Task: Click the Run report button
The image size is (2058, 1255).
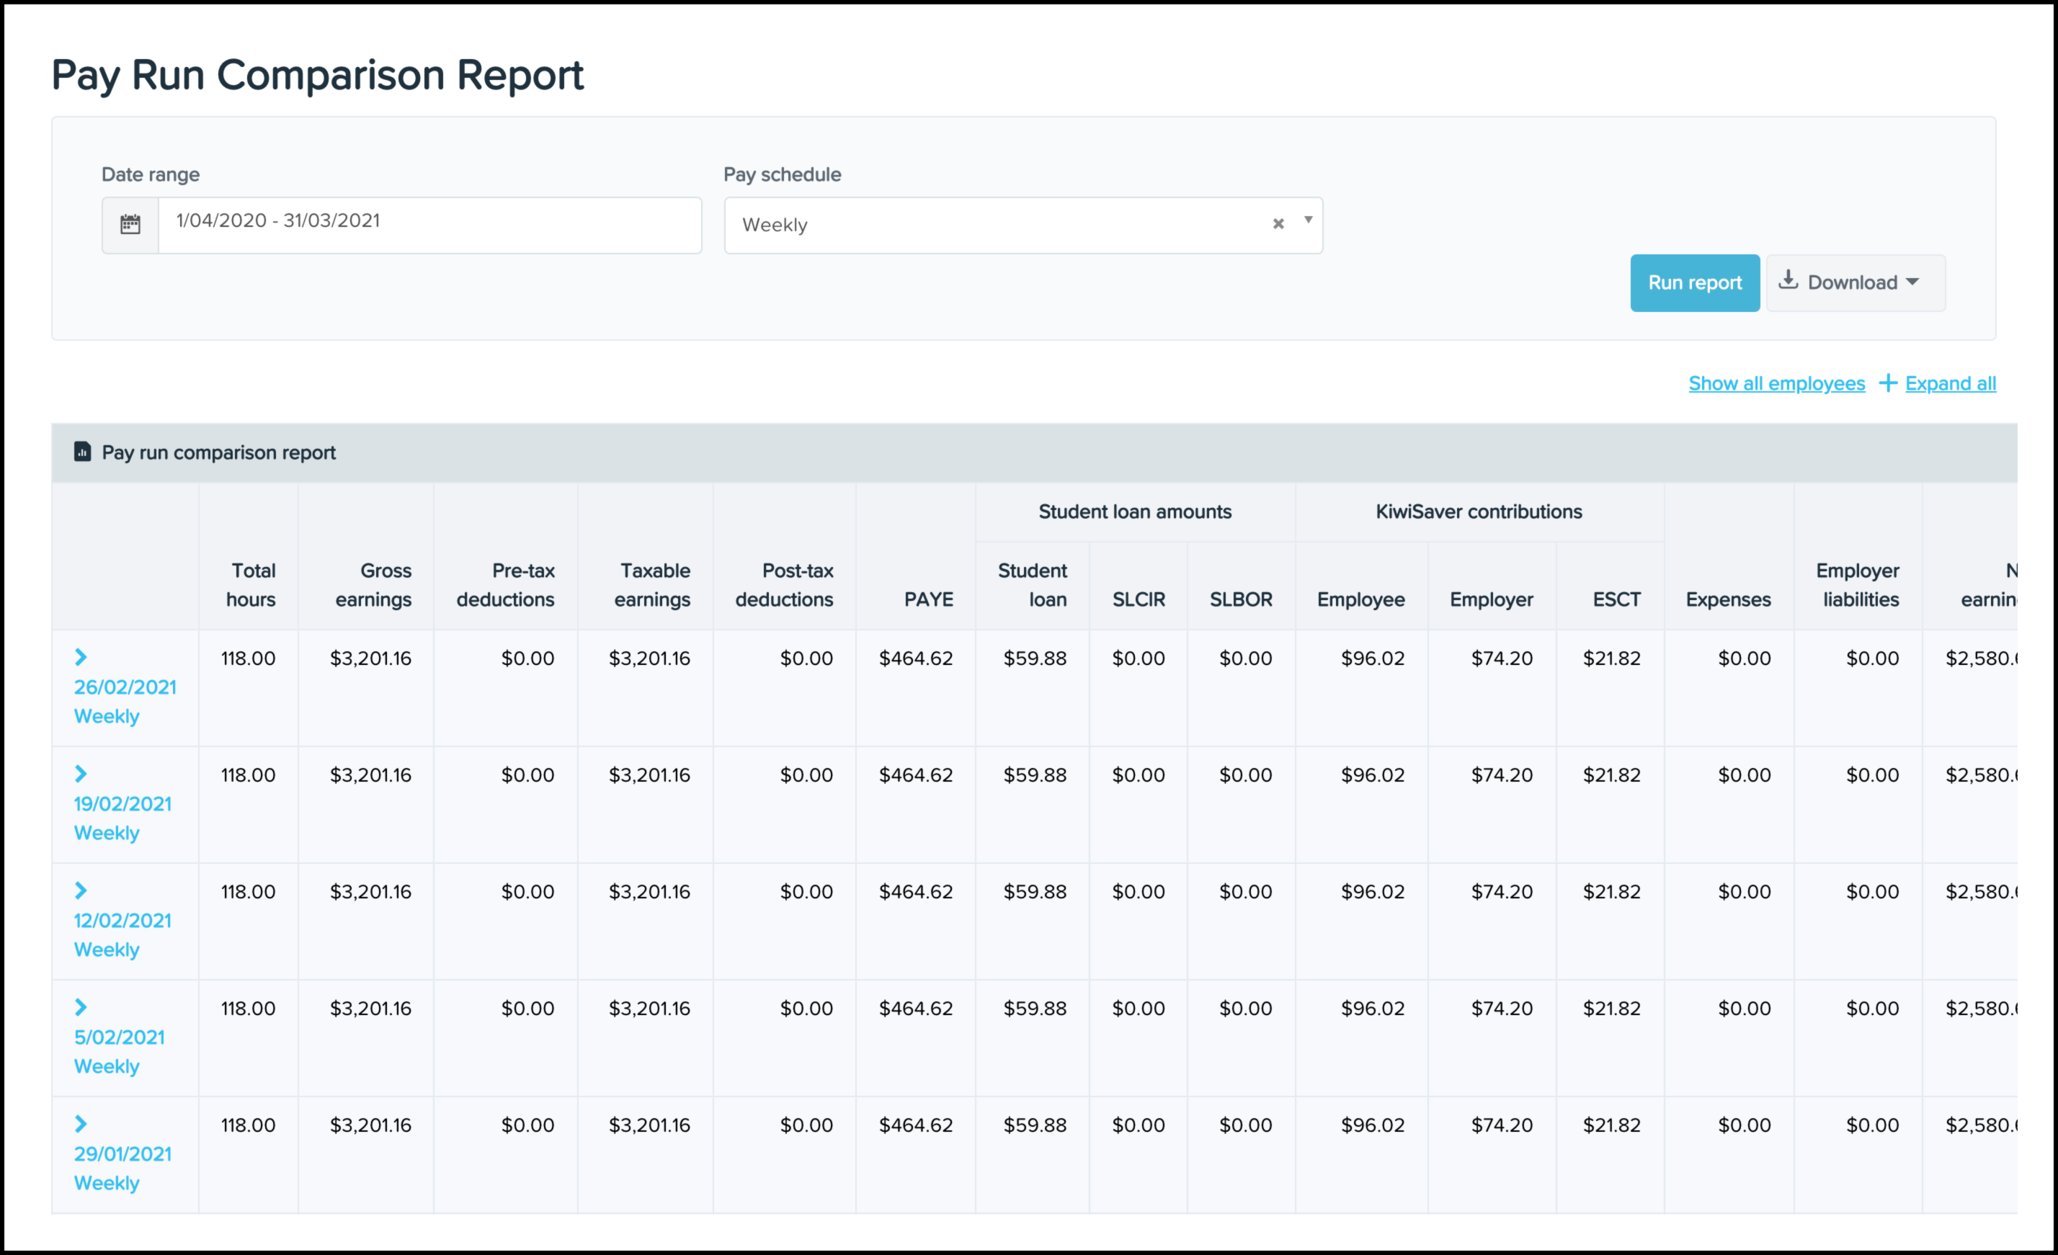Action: (x=1695, y=283)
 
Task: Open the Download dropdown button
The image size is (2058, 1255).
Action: (x=1855, y=283)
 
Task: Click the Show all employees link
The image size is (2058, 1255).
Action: (x=1776, y=383)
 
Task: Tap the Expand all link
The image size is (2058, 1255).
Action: (x=1950, y=383)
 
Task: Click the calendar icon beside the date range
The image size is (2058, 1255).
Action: (x=130, y=225)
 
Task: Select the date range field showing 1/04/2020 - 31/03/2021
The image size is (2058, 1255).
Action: (x=429, y=225)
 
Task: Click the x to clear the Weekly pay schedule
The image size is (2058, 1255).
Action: (x=1278, y=224)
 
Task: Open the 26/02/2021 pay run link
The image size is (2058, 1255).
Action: (x=125, y=687)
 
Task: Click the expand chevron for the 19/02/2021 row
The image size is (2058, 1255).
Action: (x=81, y=774)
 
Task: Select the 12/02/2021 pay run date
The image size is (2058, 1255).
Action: (x=122, y=920)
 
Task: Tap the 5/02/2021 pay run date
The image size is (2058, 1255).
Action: (x=120, y=1037)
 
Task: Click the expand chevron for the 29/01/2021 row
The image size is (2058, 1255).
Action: (x=81, y=1124)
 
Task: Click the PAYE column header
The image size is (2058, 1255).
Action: (x=928, y=599)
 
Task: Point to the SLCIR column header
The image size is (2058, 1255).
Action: (x=1139, y=599)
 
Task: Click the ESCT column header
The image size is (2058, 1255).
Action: (x=1616, y=599)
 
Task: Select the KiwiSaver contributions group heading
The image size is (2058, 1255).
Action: (x=1479, y=512)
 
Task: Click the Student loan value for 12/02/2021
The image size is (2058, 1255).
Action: (x=1035, y=892)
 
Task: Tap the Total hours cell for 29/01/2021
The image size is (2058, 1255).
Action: (x=248, y=1125)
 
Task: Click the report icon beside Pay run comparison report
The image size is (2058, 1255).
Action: (x=82, y=452)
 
